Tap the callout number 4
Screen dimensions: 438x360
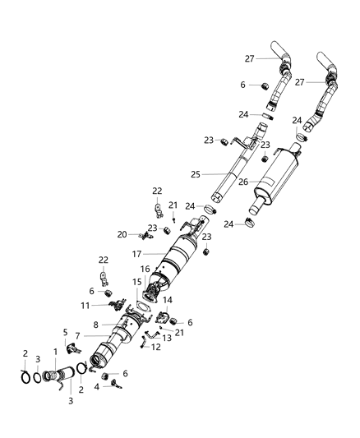[98, 386]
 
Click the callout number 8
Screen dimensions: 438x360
[95, 325]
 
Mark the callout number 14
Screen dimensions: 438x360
[167, 301]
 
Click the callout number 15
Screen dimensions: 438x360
[136, 283]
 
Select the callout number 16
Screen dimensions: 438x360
[144, 269]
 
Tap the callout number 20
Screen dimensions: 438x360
[122, 234]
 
